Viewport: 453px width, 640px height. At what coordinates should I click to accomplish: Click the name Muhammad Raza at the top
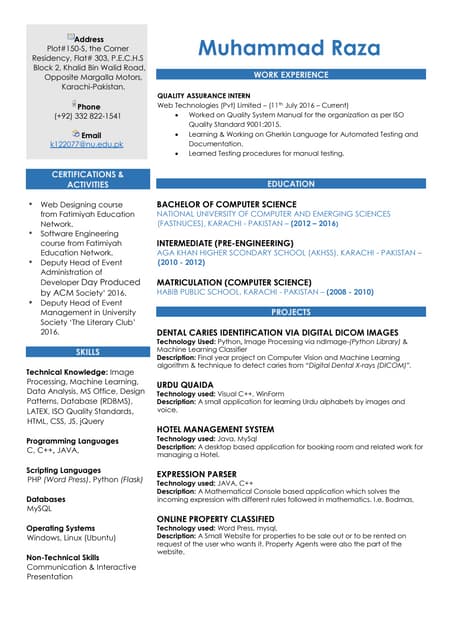289,48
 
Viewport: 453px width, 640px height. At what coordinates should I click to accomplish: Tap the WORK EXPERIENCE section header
291,75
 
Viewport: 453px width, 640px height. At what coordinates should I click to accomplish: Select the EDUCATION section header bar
291,185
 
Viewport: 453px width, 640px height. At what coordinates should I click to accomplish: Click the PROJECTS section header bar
291,313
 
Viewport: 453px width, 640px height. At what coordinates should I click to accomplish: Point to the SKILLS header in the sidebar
87,353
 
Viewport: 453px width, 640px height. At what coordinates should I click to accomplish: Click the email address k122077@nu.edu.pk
87,145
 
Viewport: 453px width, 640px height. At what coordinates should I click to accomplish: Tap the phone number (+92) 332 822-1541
87,115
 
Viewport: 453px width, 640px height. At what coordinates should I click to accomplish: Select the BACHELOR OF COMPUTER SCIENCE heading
226,204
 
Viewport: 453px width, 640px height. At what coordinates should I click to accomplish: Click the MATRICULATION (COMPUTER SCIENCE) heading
235,282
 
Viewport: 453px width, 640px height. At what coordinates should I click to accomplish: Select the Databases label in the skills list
46,498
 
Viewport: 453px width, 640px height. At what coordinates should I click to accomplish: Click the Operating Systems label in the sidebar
61,527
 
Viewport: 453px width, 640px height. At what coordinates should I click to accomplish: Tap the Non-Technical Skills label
63,556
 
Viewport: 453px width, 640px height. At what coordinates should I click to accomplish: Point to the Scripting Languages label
64,469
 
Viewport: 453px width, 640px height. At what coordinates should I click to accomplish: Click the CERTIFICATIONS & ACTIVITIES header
87,180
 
